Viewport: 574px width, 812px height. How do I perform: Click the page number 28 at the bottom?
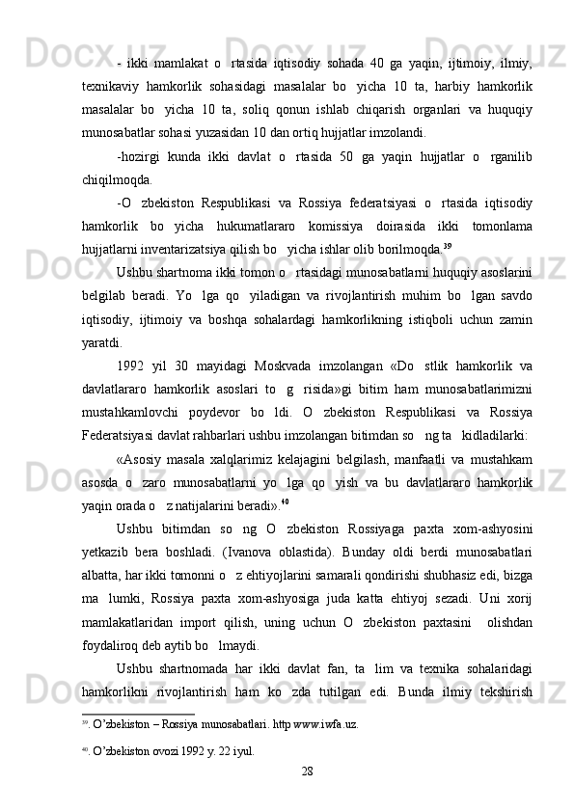tap(308, 771)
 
